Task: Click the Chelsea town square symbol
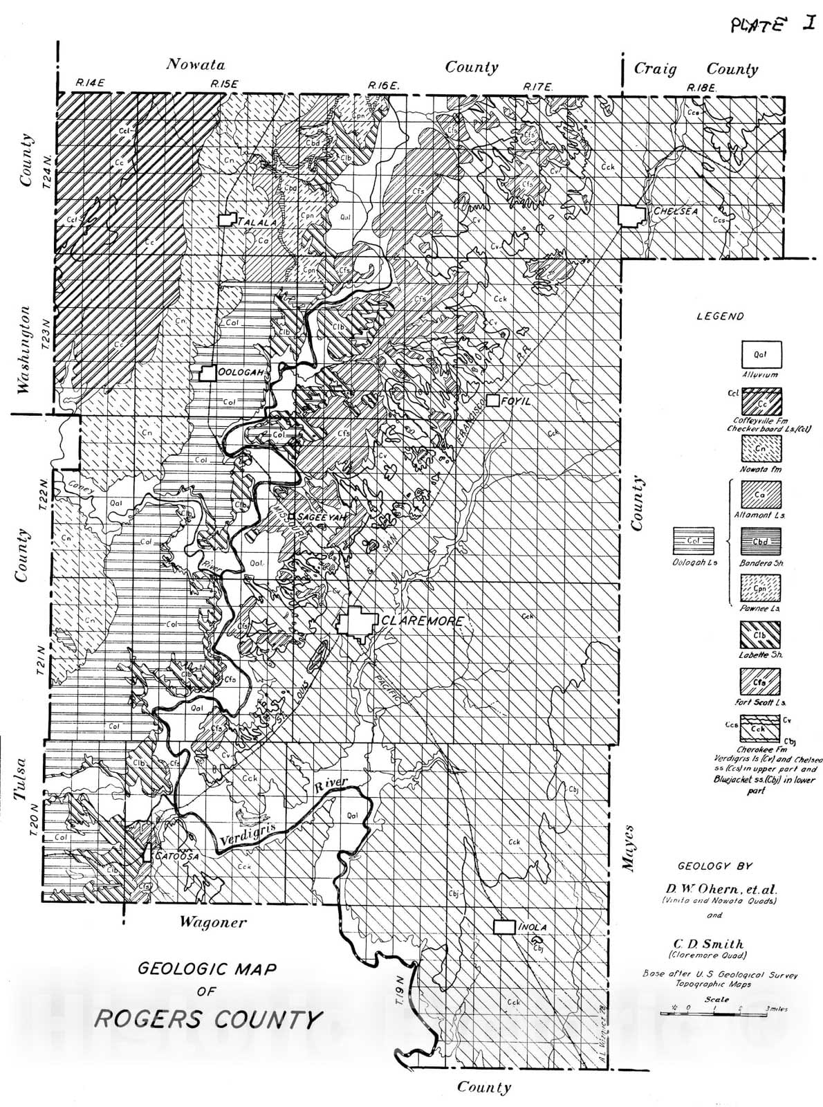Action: point(630,216)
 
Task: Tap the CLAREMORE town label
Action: point(422,621)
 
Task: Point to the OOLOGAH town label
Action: point(240,372)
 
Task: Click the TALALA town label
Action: point(257,222)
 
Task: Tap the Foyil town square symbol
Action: point(492,400)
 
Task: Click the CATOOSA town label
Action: point(177,856)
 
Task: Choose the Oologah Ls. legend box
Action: point(694,541)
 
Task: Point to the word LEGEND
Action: point(720,316)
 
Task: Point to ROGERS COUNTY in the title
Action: point(208,1019)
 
